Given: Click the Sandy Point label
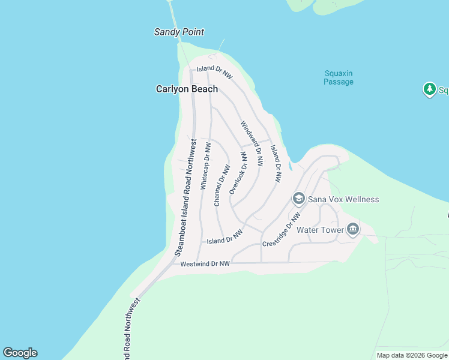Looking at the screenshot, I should point(179,32).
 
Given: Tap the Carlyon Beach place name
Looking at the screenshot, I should point(187,89).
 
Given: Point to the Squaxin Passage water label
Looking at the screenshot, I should point(339,77).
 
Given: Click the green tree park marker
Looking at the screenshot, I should point(429,89).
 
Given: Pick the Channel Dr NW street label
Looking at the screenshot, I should point(221,186).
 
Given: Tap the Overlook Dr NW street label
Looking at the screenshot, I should point(238,173).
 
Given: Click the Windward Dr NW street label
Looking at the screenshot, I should point(252,143).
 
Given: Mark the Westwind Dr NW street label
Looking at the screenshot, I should point(205,263).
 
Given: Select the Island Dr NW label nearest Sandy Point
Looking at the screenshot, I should point(214,72).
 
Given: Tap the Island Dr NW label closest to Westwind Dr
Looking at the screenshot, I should point(224,237).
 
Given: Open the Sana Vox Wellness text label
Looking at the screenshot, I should point(345,199).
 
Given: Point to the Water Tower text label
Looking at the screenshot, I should point(321,230).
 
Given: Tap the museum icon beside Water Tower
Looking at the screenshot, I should point(353,229).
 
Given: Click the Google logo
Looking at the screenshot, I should point(20,353).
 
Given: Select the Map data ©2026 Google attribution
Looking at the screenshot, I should point(412,355).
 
